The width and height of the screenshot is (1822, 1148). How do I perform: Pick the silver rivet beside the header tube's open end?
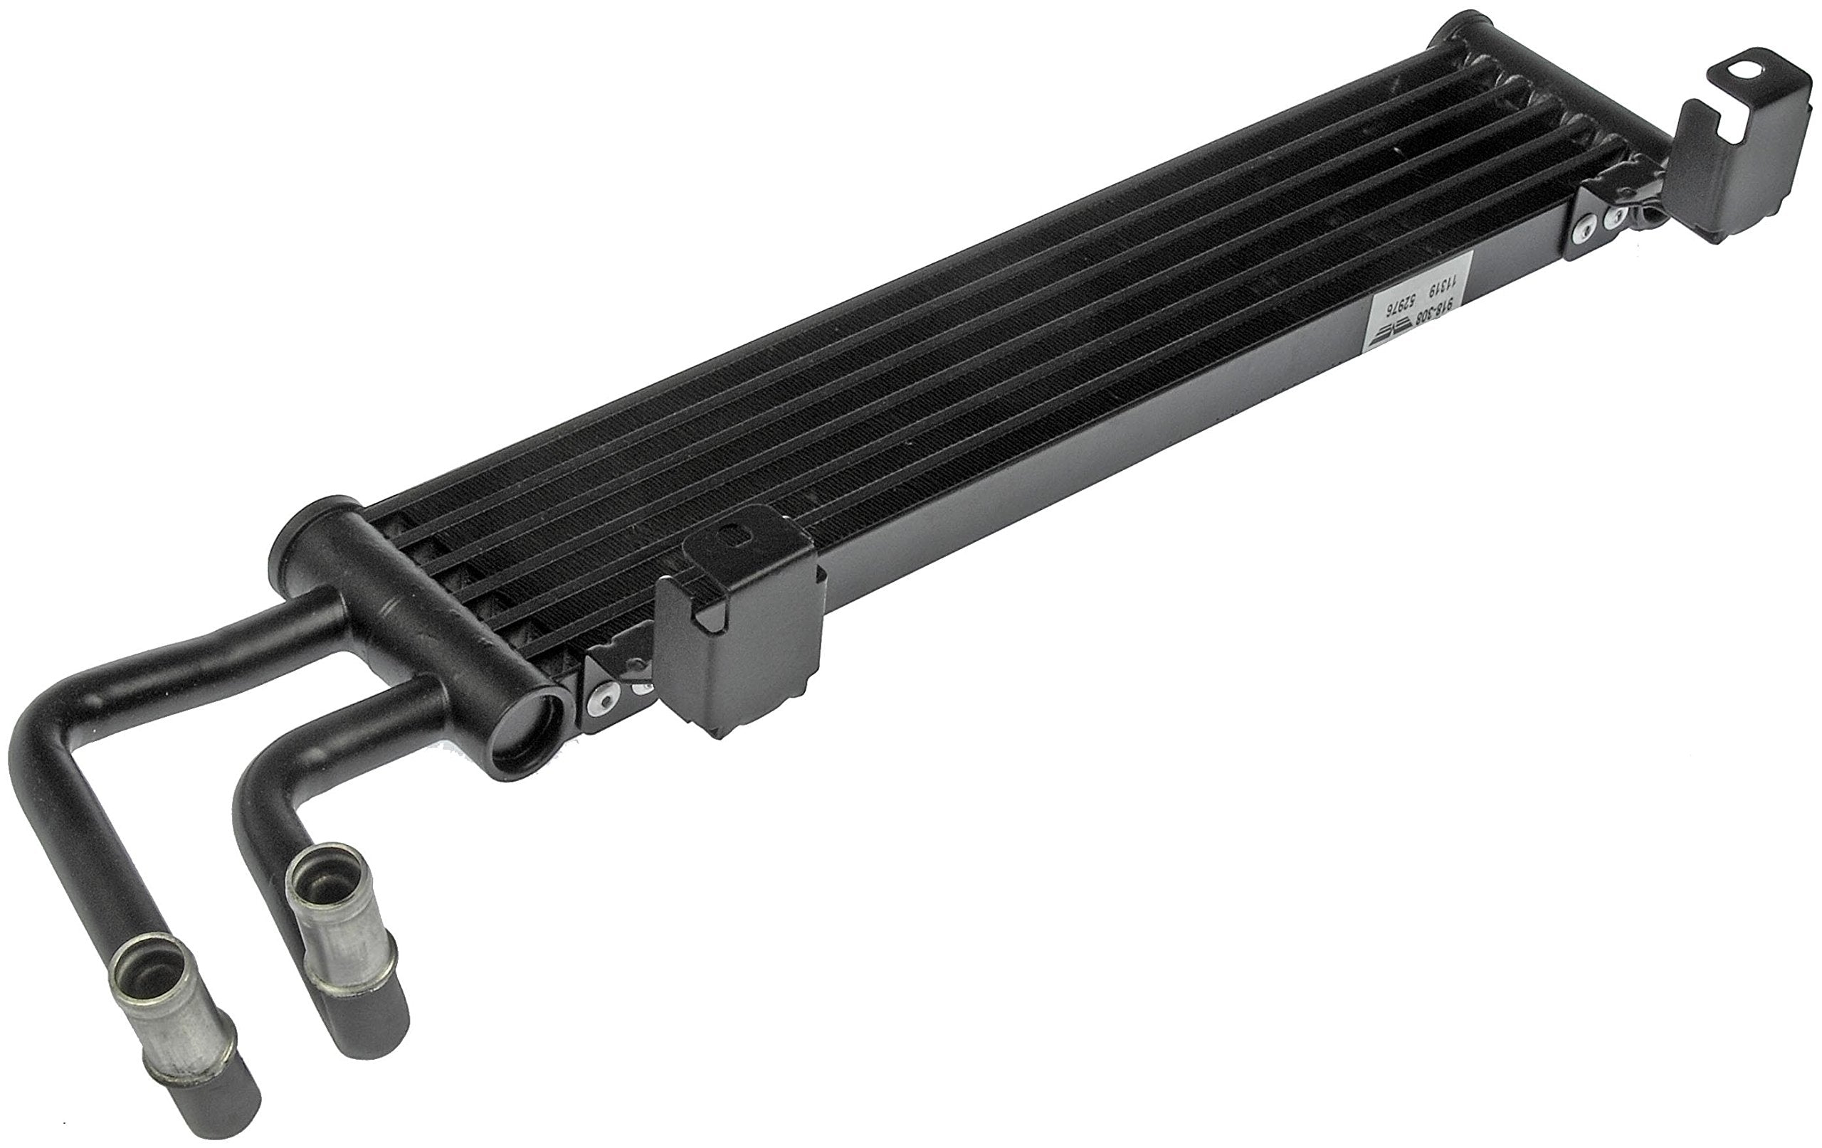602,702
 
